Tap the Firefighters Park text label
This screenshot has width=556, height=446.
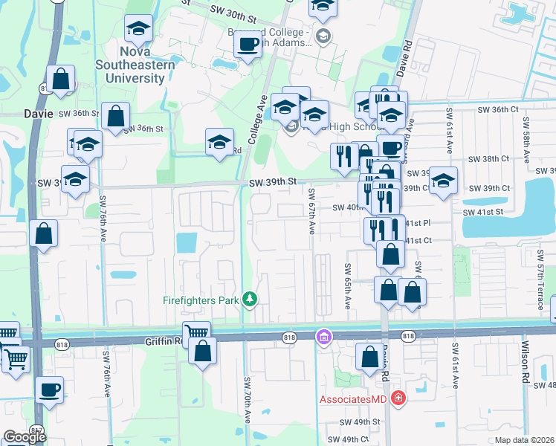(x=204, y=300)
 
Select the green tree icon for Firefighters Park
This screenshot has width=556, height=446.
(x=251, y=300)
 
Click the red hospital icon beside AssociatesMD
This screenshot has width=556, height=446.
(x=399, y=399)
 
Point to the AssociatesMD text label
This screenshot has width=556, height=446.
(x=355, y=399)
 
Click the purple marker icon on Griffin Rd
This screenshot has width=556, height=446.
(x=323, y=337)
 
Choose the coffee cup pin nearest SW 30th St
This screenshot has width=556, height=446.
(x=247, y=45)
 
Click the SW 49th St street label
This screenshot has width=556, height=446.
(x=359, y=421)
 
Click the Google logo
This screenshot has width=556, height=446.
(x=25, y=436)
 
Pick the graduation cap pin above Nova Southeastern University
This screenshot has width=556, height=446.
(x=138, y=30)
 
